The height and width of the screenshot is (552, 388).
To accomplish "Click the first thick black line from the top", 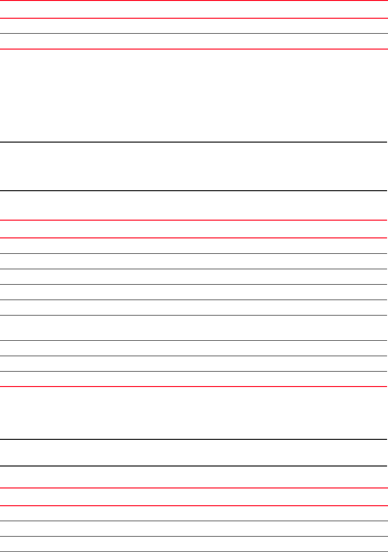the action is click(x=194, y=142).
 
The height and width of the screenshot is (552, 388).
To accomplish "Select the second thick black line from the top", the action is click(x=194, y=191).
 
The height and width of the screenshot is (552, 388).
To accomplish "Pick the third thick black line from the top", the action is click(x=194, y=439).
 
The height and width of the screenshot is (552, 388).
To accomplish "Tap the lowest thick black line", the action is click(x=194, y=466).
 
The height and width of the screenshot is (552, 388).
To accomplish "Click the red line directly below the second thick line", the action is click(x=194, y=220).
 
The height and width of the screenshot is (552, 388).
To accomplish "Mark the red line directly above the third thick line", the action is click(x=194, y=387).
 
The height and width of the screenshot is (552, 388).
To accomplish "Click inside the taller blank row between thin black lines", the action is click(x=194, y=328).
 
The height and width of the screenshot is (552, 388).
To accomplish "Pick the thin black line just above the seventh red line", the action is click(x=194, y=371).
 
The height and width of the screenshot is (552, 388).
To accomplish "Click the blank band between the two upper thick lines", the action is click(x=194, y=166).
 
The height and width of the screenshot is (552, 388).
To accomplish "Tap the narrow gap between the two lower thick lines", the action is click(x=194, y=452).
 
